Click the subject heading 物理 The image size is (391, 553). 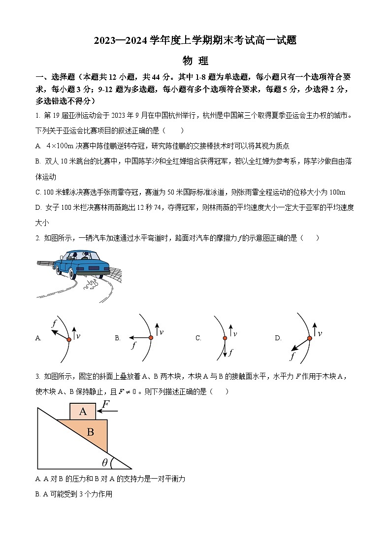(x=195, y=61)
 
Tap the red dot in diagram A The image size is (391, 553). (x=69, y=339)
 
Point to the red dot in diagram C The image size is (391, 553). (x=225, y=338)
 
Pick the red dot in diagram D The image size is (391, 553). (x=310, y=338)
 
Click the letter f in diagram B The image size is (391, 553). (x=133, y=345)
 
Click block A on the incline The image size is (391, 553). (x=83, y=411)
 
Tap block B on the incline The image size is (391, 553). (x=90, y=432)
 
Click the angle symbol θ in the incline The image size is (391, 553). (x=104, y=462)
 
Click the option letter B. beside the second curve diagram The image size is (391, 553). (x=118, y=338)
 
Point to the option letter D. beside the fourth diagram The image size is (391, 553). (x=278, y=338)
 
